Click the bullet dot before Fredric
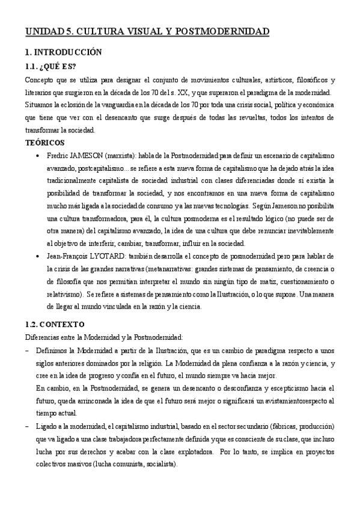tap(38, 155)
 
